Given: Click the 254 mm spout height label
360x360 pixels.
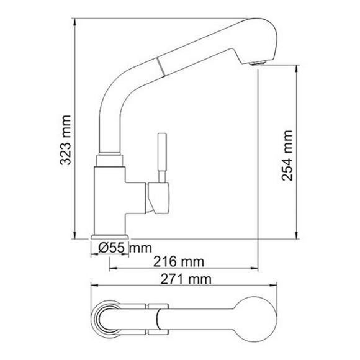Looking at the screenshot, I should tap(287, 155).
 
